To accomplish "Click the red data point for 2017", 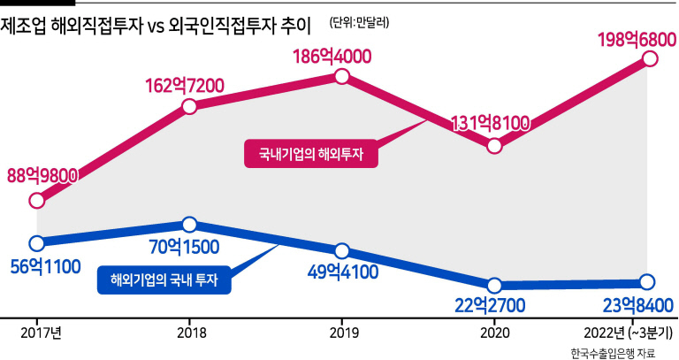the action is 37,201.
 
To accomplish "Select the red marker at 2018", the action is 190,106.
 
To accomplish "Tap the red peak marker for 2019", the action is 342,77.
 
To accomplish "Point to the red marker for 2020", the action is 494,146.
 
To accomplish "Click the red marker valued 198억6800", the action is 650,58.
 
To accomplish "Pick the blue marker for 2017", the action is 37,243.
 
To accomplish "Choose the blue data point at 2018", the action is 190,225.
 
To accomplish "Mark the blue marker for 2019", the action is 342,250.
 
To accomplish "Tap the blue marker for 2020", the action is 494,286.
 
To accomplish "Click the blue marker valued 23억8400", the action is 647,282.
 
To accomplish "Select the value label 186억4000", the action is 332,57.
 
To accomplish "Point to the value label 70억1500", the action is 184,247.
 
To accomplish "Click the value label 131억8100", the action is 490,124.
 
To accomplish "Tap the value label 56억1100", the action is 45,267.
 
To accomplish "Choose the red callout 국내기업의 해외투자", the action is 311,153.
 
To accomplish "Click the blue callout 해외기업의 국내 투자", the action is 164,280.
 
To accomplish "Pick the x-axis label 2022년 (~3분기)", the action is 628,333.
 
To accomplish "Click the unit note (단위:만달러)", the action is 359,22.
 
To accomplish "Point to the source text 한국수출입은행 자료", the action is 613,353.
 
